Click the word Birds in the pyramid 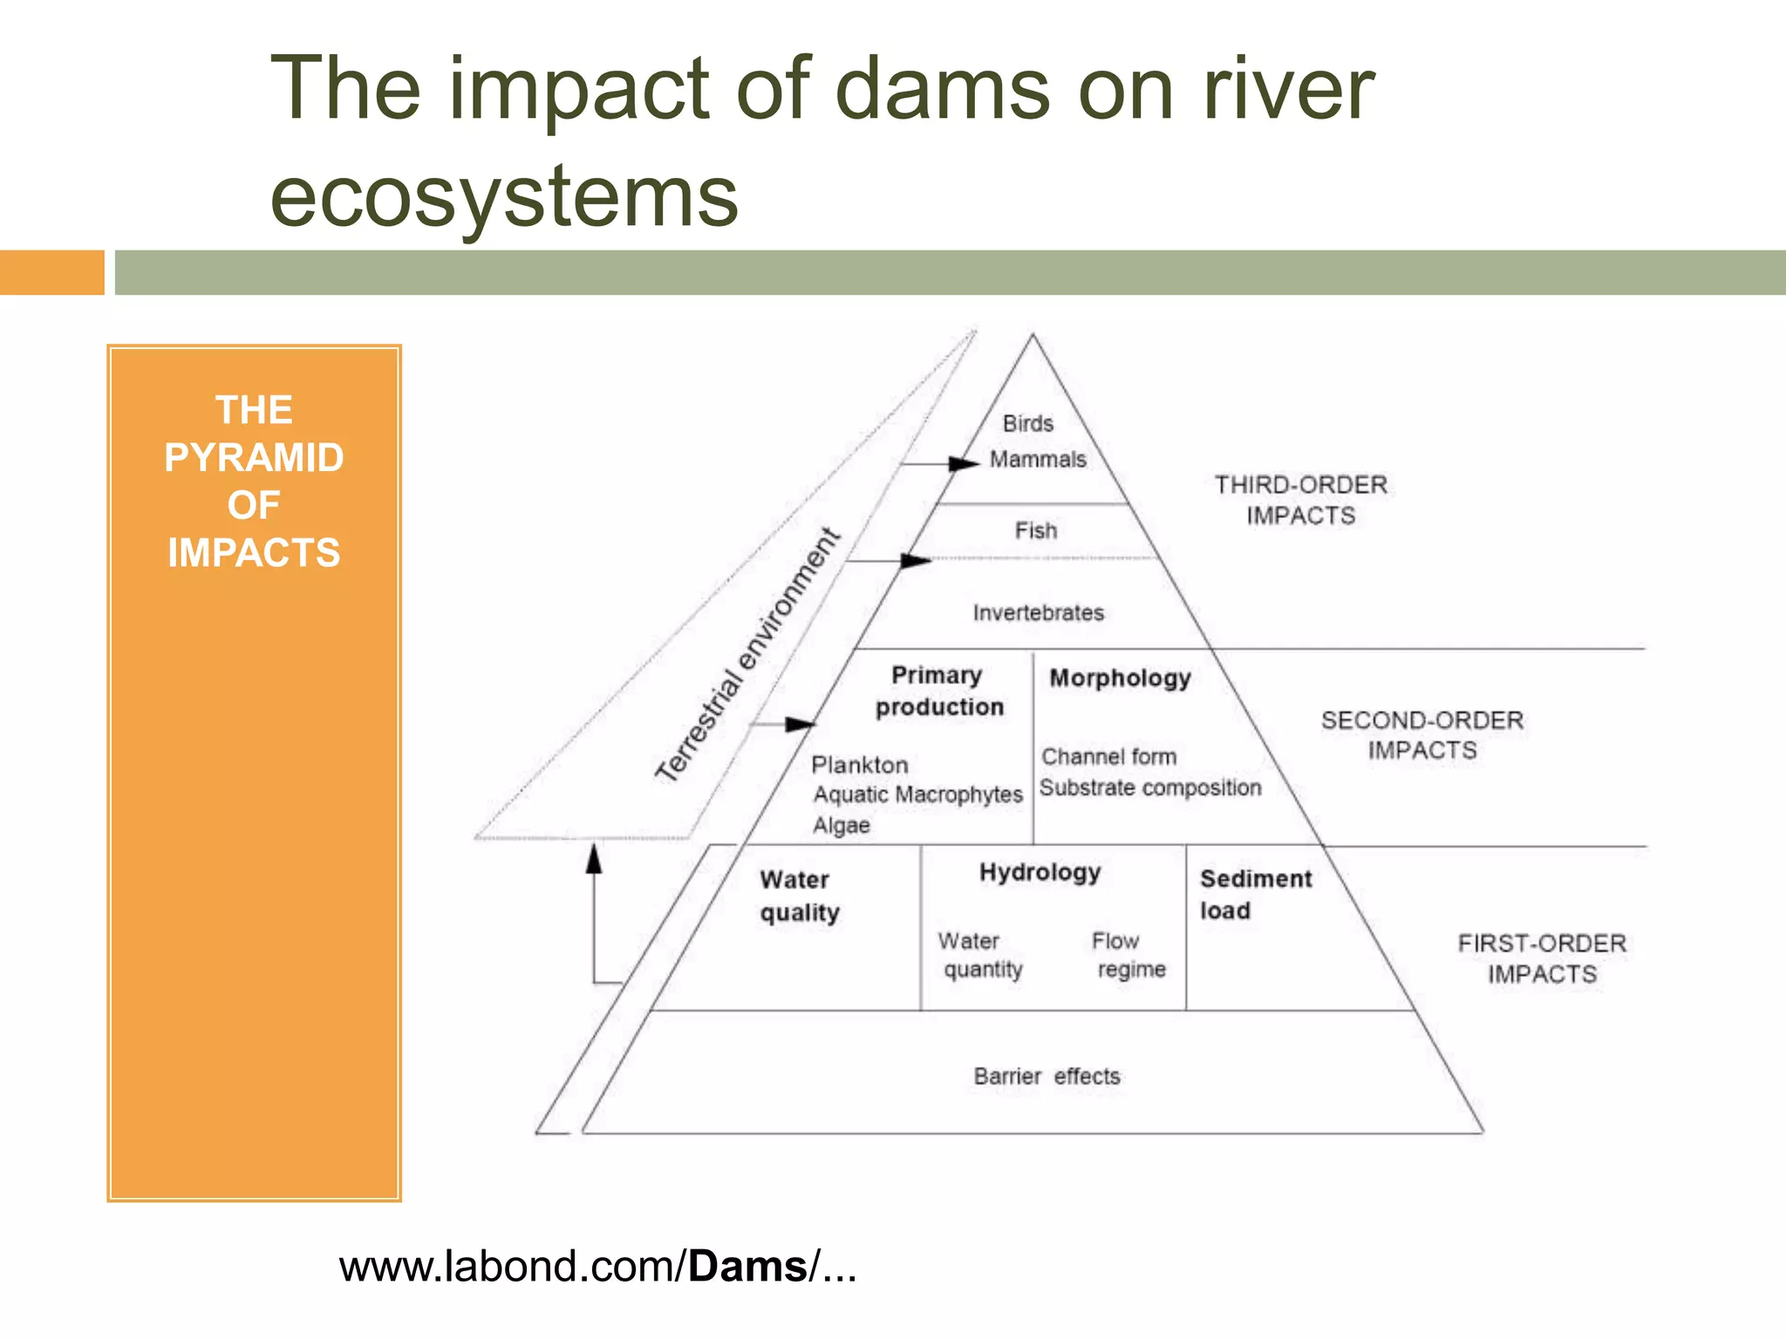[x=1028, y=424]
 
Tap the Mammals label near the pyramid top [x=1038, y=460]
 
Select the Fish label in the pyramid [x=1036, y=530]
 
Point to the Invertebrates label [x=1039, y=613]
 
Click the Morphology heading [x=1120, y=679]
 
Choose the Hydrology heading [x=1040, y=872]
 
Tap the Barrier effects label [x=1046, y=1077]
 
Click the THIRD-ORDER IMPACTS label [x=1300, y=500]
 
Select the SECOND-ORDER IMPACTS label [x=1421, y=735]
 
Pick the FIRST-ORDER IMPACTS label [x=1542, y=959]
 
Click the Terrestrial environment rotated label [x=747, y=655]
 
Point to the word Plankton [x=860, y=765]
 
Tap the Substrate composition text [x=1150, y=788]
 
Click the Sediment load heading [x=1255, y=894]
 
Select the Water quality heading [x=798, y=896]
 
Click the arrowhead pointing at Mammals [x=964, y=463]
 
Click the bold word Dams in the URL [x=747, y=1267]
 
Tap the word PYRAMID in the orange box [x=254, y=458]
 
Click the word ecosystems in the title [x=504, y=196]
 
